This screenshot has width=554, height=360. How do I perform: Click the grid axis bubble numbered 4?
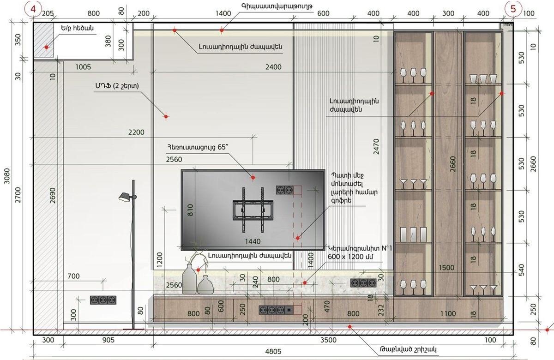[x=33, y=9]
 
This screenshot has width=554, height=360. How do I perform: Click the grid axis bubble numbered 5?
[x=513, y=9]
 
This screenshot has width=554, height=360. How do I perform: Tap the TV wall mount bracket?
[x=253, y=210]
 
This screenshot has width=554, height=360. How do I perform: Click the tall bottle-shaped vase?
[x=189, y=279]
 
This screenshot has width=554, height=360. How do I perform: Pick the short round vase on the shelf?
[x=205, y=285]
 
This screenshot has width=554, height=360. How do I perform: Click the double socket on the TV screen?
[x=285, y=190]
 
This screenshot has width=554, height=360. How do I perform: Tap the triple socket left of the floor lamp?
[x=103, y=300]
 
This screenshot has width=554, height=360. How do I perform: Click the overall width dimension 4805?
[x=273, y=351]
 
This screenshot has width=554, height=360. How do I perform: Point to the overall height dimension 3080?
[x=7, y=176]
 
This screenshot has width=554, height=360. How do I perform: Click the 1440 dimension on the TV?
[x=253, y=241]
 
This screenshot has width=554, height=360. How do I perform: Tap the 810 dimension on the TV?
[x=190, y=210]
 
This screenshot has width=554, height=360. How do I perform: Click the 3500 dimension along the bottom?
[x=328, y=340]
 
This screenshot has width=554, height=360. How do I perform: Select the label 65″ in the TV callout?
[x=223, y=147]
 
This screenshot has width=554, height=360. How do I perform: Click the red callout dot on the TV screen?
[x=253, y=178]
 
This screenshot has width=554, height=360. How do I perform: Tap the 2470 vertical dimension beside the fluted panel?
[x=376, y=147]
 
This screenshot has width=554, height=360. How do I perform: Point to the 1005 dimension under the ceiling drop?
[x=83, y=67]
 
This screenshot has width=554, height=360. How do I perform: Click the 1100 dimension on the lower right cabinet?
[x=448, y=314]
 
